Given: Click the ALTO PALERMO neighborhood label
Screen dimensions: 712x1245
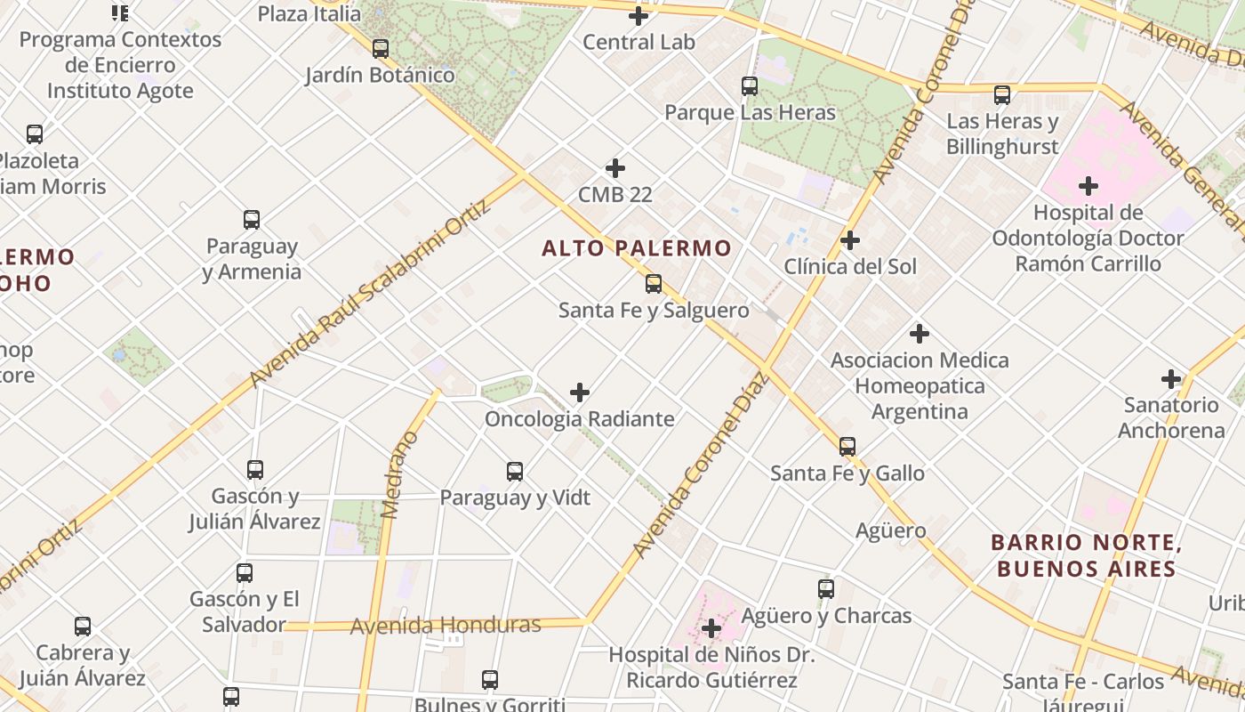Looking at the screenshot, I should click(x=637, y=248).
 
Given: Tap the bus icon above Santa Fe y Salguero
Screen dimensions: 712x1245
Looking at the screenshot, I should click(x=654, y=284).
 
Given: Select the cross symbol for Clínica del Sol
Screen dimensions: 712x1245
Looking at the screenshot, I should click(x=850, y=240).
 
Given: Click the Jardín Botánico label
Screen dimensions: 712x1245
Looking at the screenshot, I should click(x=380, y=75).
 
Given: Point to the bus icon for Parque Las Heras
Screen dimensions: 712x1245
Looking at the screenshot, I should click(x=750, y=86).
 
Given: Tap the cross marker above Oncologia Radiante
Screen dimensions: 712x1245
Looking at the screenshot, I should click(x=580, y=392).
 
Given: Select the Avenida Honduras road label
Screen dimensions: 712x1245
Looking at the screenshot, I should click(x=446, y=625).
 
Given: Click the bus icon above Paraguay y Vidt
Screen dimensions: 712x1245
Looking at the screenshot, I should click(x=515, y=472).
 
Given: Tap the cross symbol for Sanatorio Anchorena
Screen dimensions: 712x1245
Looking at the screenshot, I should click(x=1171, y=379).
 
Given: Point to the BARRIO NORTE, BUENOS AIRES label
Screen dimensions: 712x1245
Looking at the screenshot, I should click(x=1086, y=555).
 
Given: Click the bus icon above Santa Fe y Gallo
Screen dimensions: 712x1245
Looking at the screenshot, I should click(x=847, y=447).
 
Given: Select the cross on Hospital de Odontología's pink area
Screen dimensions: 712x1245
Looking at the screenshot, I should click(x=1088, y=186).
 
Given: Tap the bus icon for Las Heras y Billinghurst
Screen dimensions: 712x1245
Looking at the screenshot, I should click(x=1002, y=95).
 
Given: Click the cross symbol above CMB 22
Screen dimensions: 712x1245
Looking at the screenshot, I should click(x=614, y=168).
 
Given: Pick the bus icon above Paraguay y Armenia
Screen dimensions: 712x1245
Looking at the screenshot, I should click(x=252, y=220).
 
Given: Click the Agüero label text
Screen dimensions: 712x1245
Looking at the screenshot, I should click(x=890, y=531).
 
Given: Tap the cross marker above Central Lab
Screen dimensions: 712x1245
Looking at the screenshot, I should click(x=639, y=16).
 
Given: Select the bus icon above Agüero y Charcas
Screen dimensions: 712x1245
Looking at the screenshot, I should click(x=826, y=589).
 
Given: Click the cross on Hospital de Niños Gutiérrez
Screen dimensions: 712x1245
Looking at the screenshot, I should click(x=711, y=628).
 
